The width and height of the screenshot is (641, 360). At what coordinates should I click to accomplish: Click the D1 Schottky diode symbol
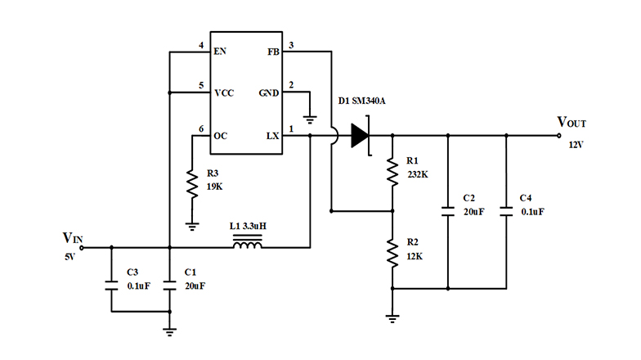[361, 135]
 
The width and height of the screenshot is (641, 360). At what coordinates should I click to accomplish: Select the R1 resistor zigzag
[392, 170]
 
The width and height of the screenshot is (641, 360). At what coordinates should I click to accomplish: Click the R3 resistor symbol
[191, 184]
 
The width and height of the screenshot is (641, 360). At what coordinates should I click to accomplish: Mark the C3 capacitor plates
[110, 286]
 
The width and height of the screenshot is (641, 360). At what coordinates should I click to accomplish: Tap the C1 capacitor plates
[169, 286]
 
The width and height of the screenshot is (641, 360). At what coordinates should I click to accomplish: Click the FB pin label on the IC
[273, 52]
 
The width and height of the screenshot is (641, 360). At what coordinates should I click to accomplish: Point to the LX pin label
[273, 135]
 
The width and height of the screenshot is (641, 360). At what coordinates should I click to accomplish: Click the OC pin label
[220, 135]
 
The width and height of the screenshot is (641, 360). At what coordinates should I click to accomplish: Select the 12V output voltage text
[577, 144]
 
